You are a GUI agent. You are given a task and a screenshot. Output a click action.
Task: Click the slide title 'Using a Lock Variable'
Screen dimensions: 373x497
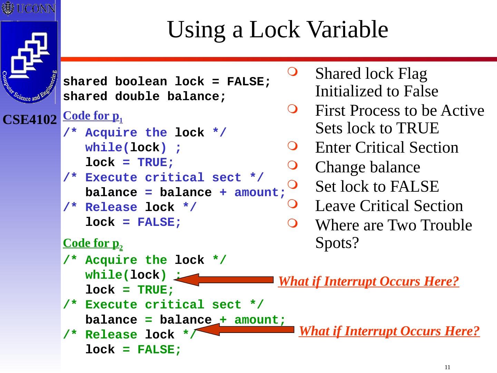pos(277,29)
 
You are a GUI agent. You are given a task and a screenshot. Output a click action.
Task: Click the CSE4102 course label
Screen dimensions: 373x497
pos(30,120)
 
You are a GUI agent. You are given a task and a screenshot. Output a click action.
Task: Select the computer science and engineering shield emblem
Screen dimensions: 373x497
pos(29,62)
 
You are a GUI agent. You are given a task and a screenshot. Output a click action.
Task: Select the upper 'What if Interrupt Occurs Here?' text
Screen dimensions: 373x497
pos(368,281)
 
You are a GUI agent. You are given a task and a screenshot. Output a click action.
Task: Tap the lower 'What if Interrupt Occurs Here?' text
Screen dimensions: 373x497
pos(389,331)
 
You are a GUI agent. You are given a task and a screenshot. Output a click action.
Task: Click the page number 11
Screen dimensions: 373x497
pos(447,367)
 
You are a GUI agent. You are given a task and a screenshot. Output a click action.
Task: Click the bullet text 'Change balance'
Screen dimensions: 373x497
pos(368,167)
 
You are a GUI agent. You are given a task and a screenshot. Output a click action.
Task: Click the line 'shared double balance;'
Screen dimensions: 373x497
pos(144,97)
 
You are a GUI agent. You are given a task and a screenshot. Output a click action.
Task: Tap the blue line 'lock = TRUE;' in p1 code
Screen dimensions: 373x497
pos(130,162)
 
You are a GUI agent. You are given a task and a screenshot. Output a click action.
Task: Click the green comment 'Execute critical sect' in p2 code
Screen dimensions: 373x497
pos(164,305)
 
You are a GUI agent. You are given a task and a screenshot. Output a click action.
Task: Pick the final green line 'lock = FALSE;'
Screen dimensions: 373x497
pos(133,350)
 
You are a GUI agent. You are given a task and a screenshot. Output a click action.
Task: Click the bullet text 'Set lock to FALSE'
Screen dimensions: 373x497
pos(377,186)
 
